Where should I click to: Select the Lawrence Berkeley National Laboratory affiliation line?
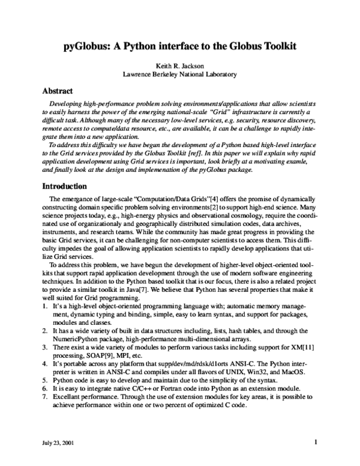coord(179,75)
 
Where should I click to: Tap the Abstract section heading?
coord(59,92)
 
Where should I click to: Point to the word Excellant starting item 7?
coord(68,398)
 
